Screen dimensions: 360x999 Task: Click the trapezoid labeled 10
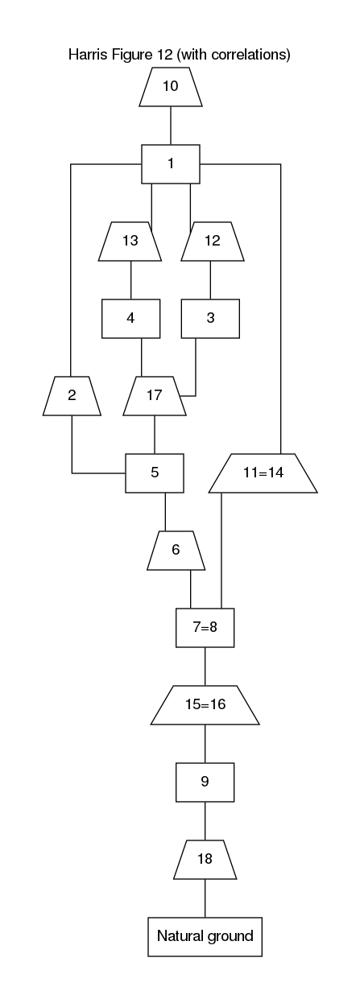point(171,87)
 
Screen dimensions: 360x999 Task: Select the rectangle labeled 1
point(171,164)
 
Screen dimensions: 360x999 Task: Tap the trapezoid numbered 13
point(130,241)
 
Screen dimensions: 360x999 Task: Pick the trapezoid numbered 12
point(213,241)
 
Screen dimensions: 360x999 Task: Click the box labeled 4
point(130,319)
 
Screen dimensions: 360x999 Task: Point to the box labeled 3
point(210,319)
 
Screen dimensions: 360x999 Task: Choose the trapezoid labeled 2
point(72,396)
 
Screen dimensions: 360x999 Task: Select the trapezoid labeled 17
point(155,396)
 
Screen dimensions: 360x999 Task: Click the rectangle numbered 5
point(155,473)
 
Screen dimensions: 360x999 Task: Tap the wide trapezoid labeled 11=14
point(263,473)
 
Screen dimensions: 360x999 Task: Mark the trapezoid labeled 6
point(176,551)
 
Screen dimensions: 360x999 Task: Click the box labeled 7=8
point(205,628)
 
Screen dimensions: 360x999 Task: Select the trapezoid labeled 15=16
point(205,705)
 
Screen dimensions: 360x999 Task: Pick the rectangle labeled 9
point(205,782)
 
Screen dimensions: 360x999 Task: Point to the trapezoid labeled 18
point(205,860)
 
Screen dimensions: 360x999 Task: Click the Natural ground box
point(205,936)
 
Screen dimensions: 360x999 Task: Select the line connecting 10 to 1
point(171,126)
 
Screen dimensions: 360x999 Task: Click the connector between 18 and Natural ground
point(205,898)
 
